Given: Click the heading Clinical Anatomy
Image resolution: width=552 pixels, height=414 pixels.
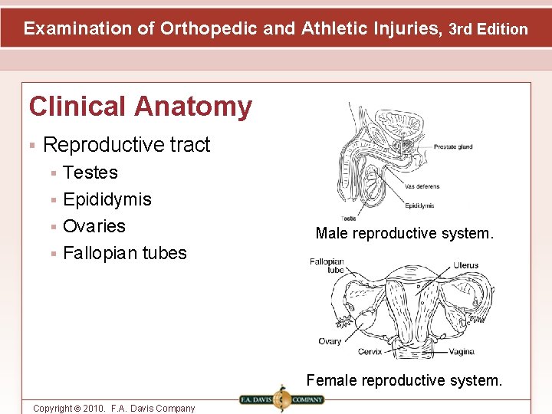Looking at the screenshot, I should pos(140,107).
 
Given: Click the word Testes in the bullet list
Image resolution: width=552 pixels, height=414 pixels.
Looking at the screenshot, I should pos(90,172).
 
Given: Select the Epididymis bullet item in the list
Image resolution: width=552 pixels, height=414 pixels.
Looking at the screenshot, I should pos(107,199).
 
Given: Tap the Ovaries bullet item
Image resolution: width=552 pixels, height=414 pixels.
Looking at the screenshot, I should pos(94,226).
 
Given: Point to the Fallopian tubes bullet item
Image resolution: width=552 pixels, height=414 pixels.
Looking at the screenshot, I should pos(124,253).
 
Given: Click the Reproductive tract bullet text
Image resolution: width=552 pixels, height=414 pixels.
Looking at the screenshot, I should pos(127,144).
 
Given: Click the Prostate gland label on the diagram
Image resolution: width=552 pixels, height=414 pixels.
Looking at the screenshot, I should pos(453,147).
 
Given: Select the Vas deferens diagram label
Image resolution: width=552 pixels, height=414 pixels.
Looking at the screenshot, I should pos(422,186).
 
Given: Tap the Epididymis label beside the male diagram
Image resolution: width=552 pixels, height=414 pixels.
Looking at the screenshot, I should pos(419,205).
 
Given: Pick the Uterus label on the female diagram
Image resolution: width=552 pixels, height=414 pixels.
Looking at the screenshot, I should pos(465,265).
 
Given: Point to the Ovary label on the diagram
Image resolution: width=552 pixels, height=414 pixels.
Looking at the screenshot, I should pos(330,341).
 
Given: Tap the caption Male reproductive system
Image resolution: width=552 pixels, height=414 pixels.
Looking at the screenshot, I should pos(404,233).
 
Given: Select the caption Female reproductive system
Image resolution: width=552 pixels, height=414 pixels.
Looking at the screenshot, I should pos(404,380).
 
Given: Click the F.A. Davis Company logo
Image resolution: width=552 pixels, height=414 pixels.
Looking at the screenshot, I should pos(281,399).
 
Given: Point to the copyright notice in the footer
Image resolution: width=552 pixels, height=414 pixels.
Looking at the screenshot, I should pos(113,408).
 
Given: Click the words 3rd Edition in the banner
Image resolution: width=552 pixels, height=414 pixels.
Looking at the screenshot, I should pos(488,29).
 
